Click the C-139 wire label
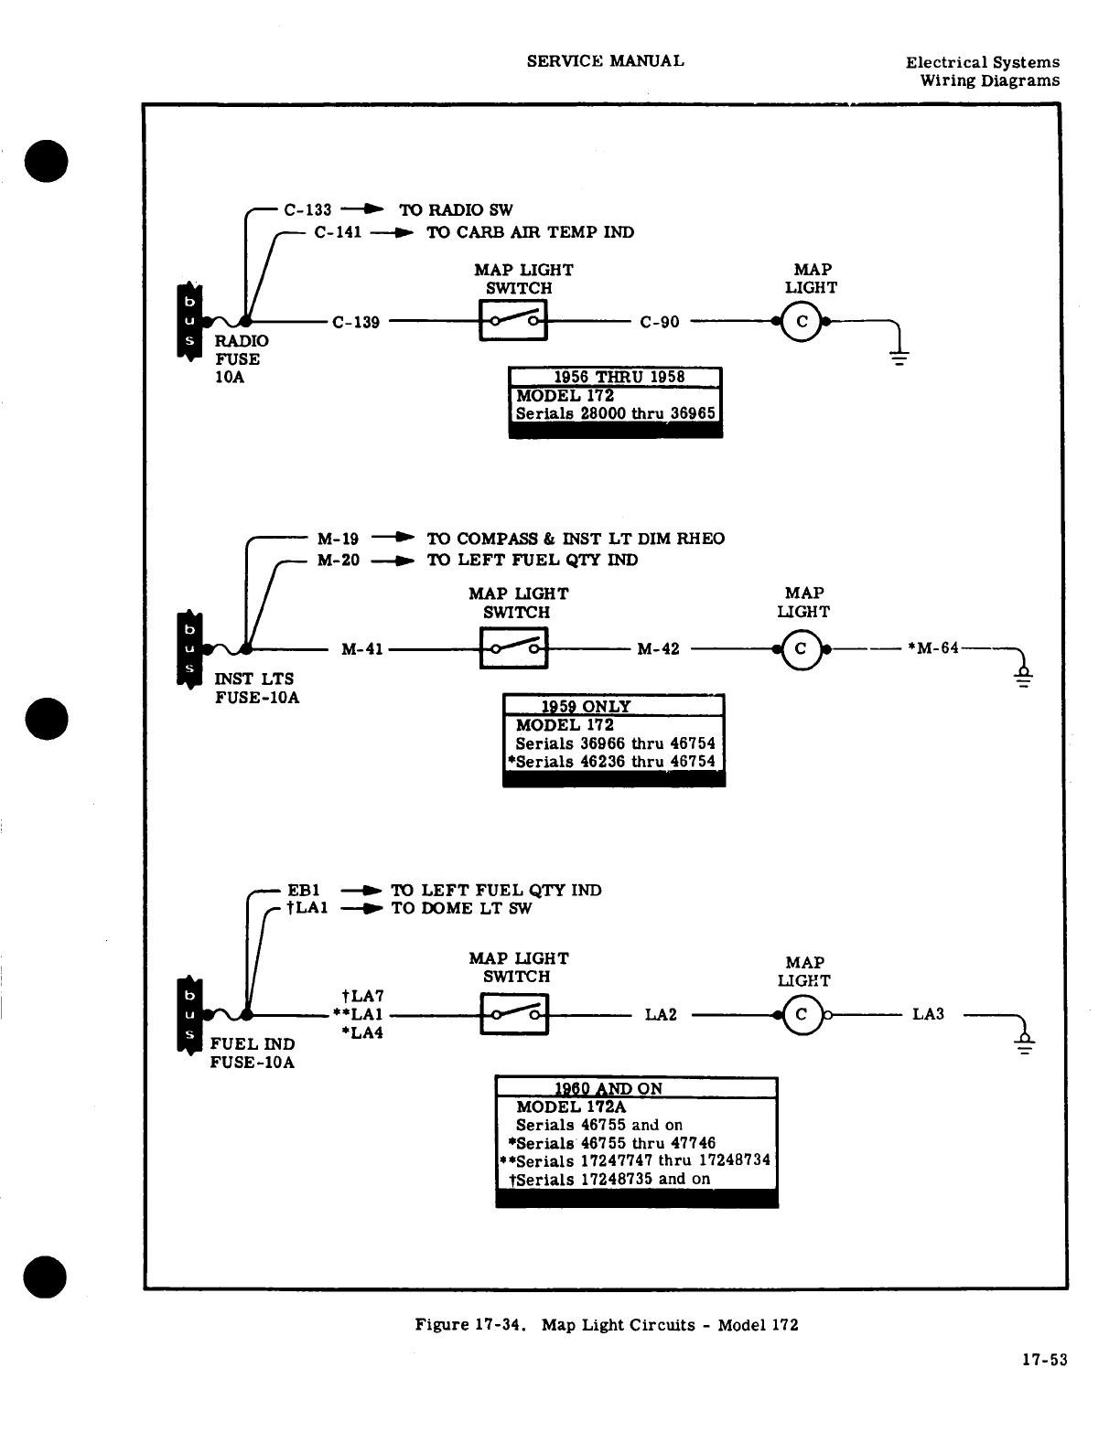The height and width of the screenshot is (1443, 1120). pyautogui.click(x=356, y=322)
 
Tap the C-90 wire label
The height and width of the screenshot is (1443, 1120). pyautogui.click(x=660, y=322)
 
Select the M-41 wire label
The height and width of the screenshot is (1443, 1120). pyautogui.click(x=361, y=649)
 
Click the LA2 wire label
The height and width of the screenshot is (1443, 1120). pyautogui.click(x=661, y=1014)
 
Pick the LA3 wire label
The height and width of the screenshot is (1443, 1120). pyautogui.click(x=928, y=1014)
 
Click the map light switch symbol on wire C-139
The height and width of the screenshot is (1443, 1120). pyautogui.click(x=513, y=321)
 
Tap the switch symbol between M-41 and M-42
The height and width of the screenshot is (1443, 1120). pyautogui.click(x=514, y=648)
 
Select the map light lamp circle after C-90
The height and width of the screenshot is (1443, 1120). pyautogui.click(x=802, y=322)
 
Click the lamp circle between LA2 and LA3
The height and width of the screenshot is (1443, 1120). pyautogui.click(x=802, y=1014)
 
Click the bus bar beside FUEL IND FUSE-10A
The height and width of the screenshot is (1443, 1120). pyautogui.click(x=188, y=1014)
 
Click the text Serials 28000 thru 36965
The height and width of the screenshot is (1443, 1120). pyautogui.click(x=615, y=413)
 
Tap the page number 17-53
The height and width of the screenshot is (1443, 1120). pyautogui.click(x=1045, y=1360)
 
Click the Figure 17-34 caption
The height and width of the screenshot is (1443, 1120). pyautogui.click(x=607, y=1324)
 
